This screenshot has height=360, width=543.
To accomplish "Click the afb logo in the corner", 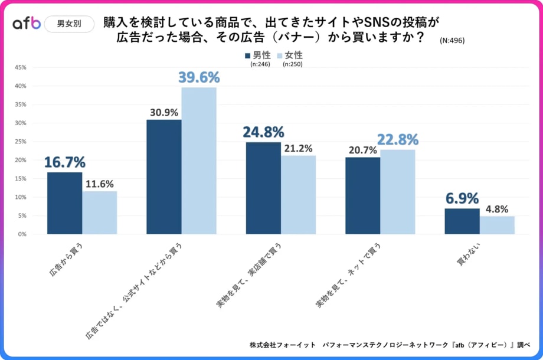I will click(27, 24).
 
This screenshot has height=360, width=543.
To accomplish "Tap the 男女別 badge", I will click(69, 24).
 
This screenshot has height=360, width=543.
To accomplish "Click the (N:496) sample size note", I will click(453, 41).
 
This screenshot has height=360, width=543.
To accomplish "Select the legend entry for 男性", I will click(258, 55).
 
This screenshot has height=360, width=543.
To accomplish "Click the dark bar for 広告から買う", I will click(65, 203).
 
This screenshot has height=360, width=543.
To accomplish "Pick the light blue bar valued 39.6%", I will click(199, 161).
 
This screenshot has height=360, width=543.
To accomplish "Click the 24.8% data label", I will click(263, 132).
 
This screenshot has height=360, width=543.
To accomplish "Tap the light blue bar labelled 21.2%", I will click(298, 195).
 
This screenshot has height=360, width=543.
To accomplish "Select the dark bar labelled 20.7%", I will click(362, 195).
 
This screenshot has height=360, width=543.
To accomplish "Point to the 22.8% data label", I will click(398, 139).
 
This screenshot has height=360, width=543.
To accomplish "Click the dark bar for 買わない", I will click(462, 221).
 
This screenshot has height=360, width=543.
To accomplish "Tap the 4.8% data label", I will click(496, 209).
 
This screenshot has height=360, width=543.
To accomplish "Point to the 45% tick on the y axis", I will click(20, 67).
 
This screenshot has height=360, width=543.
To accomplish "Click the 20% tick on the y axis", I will click(20, 160).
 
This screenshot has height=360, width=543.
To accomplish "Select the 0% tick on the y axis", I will click(22, 234).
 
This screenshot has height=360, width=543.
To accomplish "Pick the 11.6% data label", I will click(99, 184).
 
